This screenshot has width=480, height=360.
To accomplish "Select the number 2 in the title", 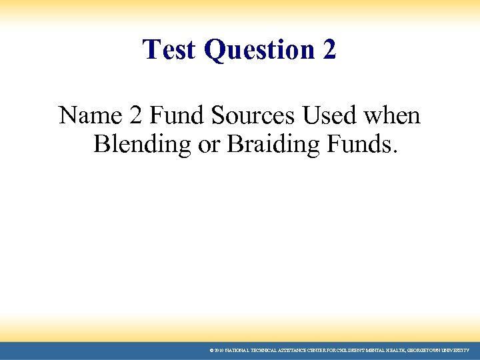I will click(329, 49).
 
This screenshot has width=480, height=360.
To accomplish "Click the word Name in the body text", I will click(84, 116).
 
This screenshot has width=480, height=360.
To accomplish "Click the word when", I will click(393, 116).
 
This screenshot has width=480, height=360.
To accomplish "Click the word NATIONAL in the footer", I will click(237, 350).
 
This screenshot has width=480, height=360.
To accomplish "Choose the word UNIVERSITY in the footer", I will click(456, 350).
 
